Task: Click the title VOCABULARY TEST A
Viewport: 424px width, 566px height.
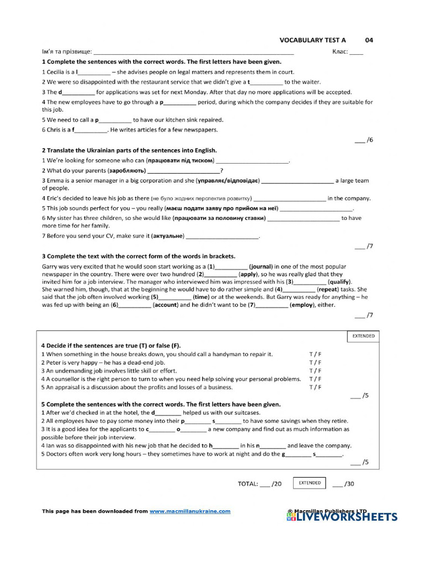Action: tap(312, 40)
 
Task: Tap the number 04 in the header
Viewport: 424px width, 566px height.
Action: tap(369, 40)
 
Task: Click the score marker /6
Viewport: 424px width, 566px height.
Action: tap(364, 140)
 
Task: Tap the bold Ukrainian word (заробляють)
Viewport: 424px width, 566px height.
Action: tap(128, 171)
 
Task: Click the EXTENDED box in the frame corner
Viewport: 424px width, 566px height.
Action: tap(363, 336)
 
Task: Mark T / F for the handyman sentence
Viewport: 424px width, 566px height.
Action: tap(315, 354)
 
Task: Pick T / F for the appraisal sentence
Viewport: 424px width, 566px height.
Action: tap(315, 387)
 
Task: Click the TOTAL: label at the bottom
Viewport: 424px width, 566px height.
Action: tap(248, 484)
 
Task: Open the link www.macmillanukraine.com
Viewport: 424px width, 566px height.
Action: tap(190, 511)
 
